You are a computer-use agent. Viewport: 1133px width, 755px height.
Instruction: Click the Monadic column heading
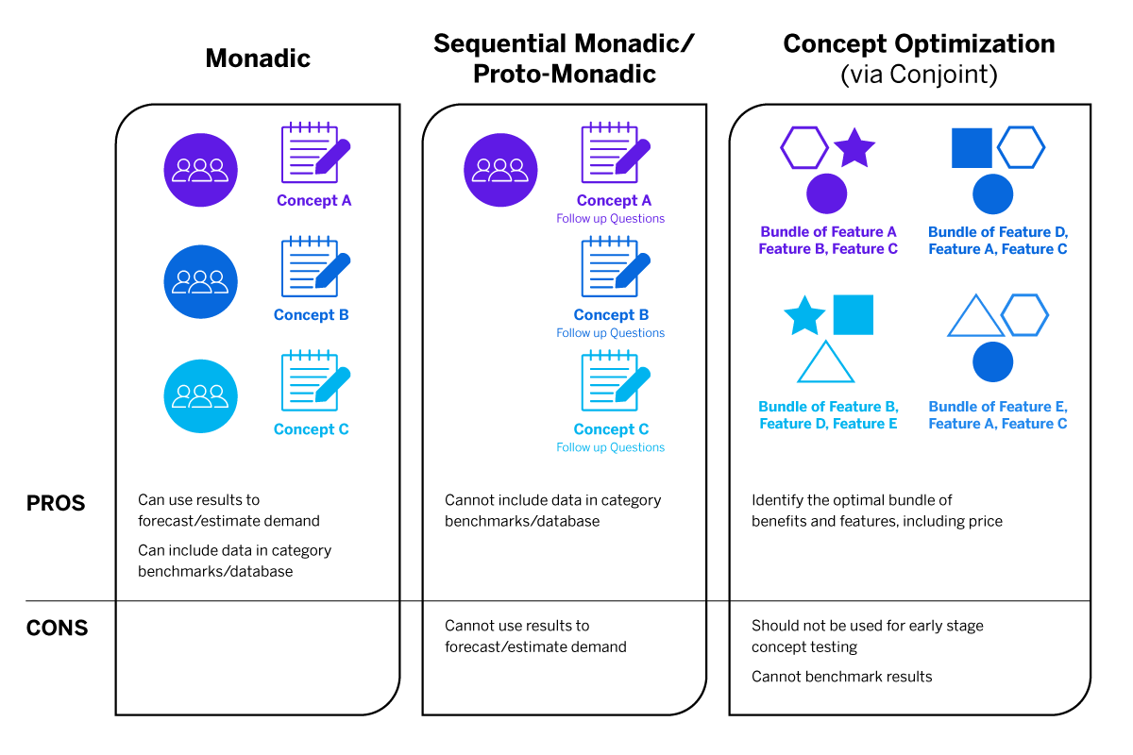point(258,59)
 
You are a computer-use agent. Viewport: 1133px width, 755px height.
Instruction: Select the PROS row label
point(56,504)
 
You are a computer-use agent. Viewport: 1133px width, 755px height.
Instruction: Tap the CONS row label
point(57,629)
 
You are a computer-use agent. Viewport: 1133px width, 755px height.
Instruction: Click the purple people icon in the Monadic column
point(200,169)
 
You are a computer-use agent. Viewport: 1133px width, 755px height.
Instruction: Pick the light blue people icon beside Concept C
point(200,396)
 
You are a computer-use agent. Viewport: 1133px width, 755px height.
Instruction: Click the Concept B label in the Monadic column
point(311,315)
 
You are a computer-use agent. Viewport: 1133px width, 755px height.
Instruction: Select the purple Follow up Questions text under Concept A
point(610,219)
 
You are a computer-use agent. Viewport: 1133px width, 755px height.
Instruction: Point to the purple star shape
point(855,148)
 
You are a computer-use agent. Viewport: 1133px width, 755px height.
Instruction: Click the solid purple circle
point(826,193)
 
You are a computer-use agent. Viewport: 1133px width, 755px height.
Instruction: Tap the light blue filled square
point(853,314)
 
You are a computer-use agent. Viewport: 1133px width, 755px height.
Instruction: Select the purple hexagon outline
point(803,148)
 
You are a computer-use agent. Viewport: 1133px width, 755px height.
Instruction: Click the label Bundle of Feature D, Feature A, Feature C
point(997,241)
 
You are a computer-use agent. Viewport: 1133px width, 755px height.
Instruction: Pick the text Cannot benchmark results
point(841,677)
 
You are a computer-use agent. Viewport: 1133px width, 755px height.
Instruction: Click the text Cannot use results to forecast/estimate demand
point(534,636)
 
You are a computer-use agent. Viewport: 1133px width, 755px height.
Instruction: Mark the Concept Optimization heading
point(919,43)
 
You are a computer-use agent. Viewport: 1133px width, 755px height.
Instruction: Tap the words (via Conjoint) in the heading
point(919,75)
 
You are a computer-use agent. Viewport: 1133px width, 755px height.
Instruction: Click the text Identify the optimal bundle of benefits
point(876,511)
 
